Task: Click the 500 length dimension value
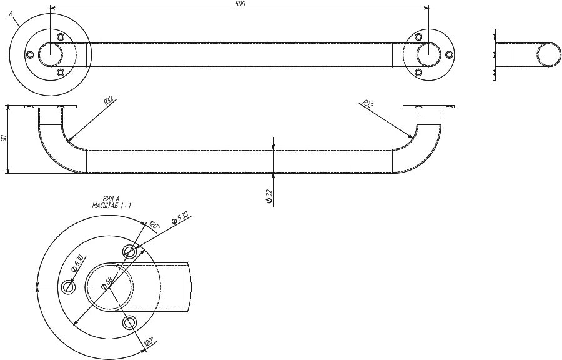click(241, 4)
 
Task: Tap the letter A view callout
click(11, 13)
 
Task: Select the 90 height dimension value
click(4, 138)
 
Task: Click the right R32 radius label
click(367, 104)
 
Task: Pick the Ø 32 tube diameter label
click(270, 197)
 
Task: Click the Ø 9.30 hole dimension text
click(179, 218)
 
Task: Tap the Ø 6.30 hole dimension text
click(77, 263)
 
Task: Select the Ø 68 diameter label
click(106, 282)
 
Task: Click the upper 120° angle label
click(154, 226)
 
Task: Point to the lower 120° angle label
click(149, 342)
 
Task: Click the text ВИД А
click(111, 199)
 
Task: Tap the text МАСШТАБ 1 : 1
click(112, 206)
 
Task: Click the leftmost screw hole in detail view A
click(69, 287)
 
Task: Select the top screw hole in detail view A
click(129, 252)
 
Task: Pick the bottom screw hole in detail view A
click(129, 322)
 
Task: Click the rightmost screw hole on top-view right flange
click(449, 54)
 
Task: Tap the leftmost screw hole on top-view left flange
click(30, 54)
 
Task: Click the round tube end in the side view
click(549, 54)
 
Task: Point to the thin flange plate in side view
click(495, 54)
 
